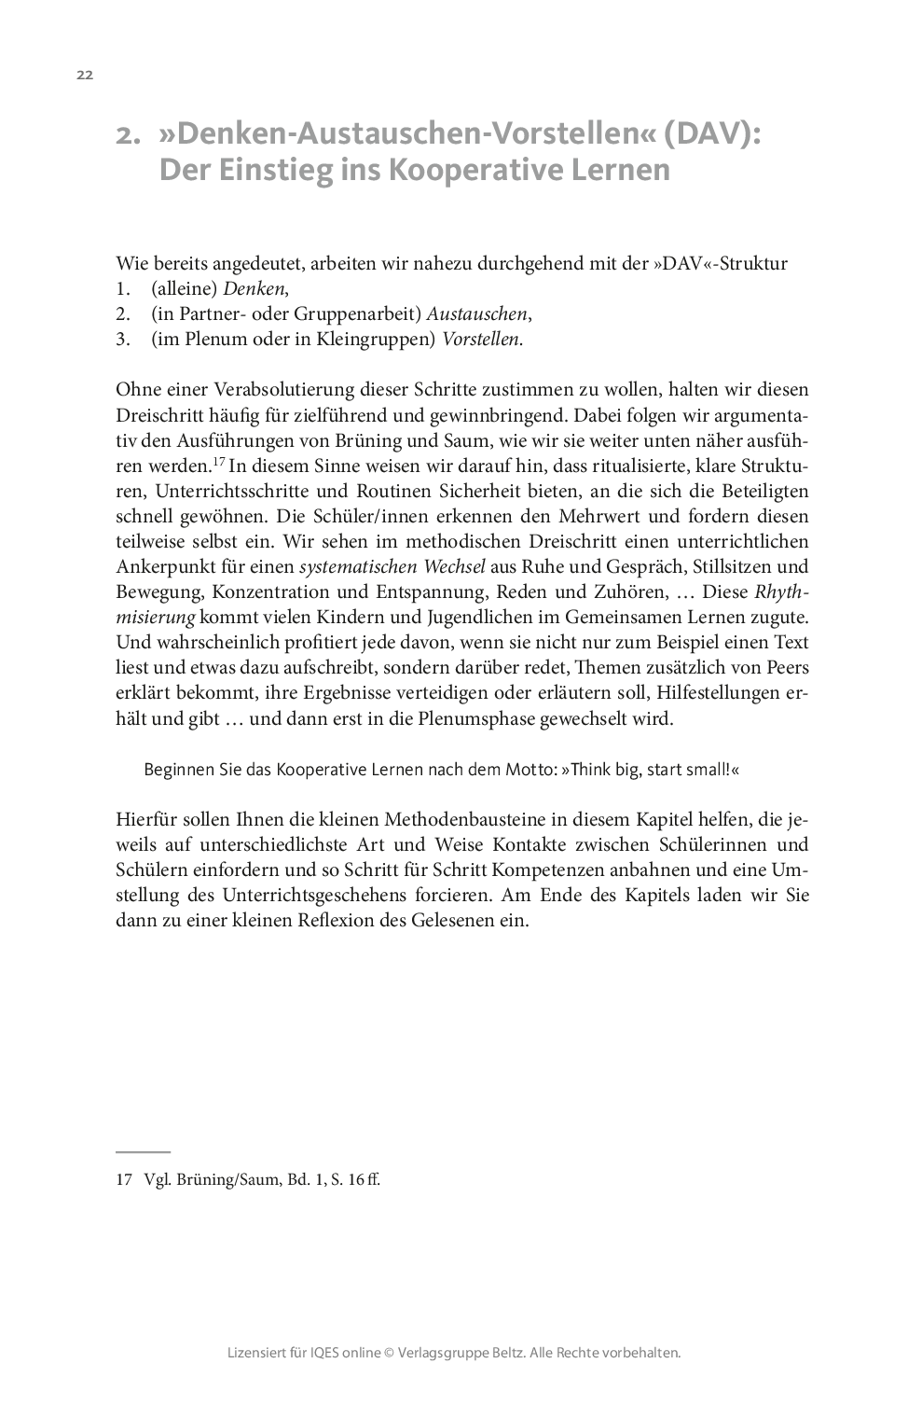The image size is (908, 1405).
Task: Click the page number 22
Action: point(84,76)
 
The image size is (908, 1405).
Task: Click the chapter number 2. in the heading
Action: point(129,136)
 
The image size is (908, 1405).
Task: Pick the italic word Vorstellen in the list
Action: point(482,339)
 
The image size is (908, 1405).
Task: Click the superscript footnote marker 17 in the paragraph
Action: point(219,462)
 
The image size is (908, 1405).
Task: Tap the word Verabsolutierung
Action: point(247,389)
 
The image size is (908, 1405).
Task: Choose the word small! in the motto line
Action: point(707,770)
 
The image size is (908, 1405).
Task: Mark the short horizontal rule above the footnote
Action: point(144,1153)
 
